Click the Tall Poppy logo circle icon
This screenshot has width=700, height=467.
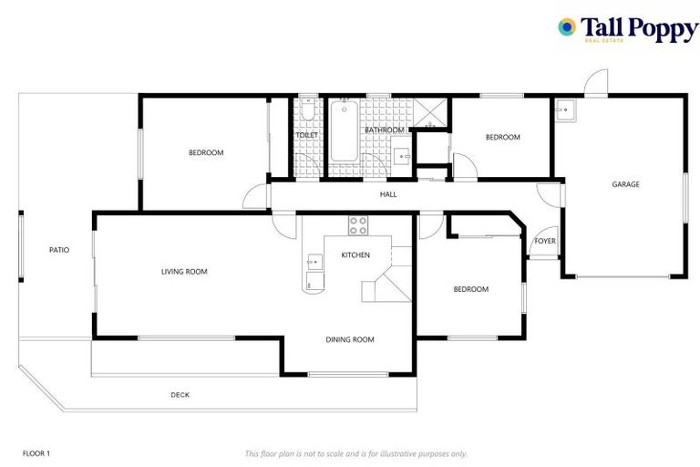(x=567, y=27)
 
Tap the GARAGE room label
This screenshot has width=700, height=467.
(x=625, y=184)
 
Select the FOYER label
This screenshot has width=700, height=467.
(x=545, y=242)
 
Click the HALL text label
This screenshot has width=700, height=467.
(x=388, y=194)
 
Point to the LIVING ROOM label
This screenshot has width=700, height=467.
(x=184, y=272)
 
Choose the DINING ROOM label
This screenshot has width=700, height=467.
(x=350, y=340)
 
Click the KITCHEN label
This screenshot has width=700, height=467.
(x=355, y=255)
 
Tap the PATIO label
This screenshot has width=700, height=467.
(x=59, y=250)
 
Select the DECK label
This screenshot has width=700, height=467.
(x=180, y=395)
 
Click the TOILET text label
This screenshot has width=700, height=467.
(x=307, y=136)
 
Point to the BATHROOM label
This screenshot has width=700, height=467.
(x=384, y=130)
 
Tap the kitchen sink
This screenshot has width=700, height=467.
(x=314, y=263)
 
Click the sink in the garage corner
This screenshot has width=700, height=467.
(x=566, y=110)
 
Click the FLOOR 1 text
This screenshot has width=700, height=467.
(x=36, y=453)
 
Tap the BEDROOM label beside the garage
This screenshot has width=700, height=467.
(x=502, y=138)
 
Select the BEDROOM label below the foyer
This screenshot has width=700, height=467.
(x=471, y=290)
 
